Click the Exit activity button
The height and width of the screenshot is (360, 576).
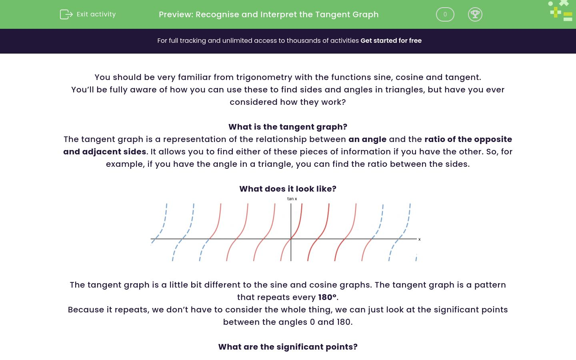point(88,14)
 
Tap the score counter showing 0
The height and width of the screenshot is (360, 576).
point(445,14)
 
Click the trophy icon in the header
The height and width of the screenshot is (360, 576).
point(475,14)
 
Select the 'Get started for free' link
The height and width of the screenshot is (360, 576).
point(391,41)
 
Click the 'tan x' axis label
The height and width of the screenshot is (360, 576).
point(292,199)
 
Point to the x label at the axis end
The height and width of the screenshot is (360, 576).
point(419,239)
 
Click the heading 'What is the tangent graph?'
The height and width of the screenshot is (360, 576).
point(288,127)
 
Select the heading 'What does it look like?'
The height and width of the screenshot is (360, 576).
point(288,189)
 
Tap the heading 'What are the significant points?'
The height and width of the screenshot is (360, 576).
point(288,347)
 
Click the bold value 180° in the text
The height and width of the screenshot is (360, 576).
point(328,297)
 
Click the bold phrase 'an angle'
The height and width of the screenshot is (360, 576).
point(367,139)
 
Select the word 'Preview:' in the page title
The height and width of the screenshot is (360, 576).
point(176,14)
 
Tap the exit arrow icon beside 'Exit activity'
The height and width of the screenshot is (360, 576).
point(66,14)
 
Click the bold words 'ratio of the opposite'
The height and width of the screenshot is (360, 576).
point(468,139)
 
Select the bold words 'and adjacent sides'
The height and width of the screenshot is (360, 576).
point(104,152)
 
